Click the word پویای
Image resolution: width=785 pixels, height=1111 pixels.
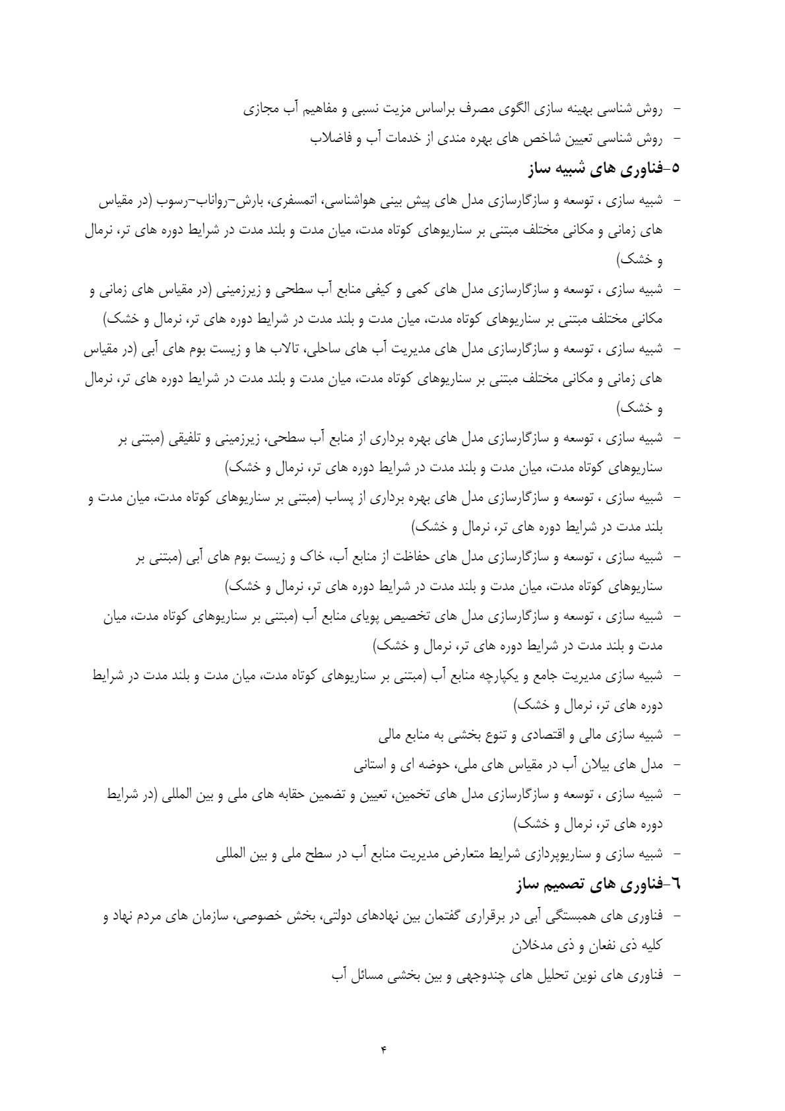coord(340,617)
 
